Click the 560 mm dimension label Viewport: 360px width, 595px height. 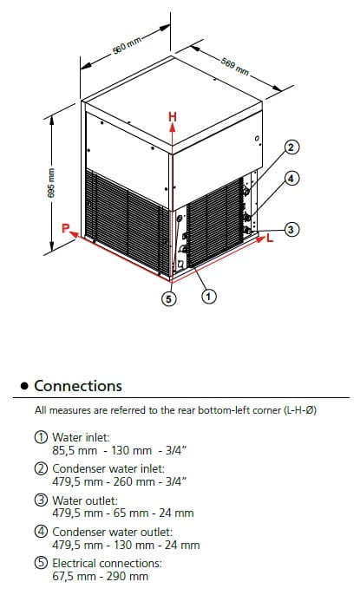[127, 45]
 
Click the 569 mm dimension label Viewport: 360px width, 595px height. [235, 67]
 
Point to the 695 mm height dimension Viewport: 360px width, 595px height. [51, 183]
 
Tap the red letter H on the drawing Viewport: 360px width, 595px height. [173, 116]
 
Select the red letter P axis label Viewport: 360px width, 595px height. [66, 228]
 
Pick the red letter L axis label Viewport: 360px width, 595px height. [270, 239]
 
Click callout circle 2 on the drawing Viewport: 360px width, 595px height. [291, 147]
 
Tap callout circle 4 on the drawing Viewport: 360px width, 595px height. [291, 178]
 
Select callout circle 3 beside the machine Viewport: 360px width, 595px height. [291, 229]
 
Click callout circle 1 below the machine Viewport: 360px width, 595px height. [208, 296]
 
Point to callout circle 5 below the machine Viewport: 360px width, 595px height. [169, 298]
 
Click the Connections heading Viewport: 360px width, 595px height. [78, 386]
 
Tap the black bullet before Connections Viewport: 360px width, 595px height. [24, 386]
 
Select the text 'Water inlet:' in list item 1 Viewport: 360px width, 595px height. [81, 437]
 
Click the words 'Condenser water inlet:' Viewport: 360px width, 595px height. [108, 468]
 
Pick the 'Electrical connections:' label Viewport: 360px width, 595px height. [107, 563]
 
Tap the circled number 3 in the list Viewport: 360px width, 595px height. [41, 500]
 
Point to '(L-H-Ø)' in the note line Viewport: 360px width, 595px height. [300, 410]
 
